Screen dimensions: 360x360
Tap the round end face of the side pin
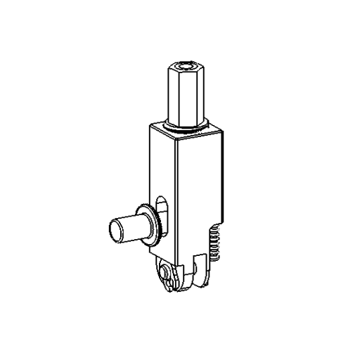(115, 231)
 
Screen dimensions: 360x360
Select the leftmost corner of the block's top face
(149, 127)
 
